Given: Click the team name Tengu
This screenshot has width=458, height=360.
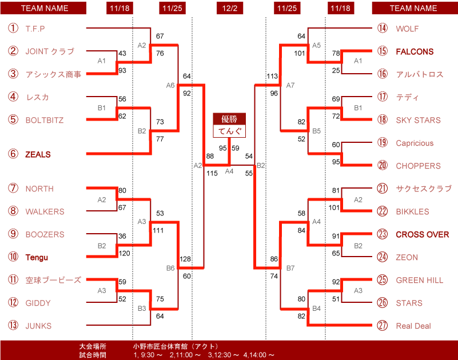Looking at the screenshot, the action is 37,257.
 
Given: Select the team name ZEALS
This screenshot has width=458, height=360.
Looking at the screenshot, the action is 38,154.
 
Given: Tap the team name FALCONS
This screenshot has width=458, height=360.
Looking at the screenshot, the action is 415,51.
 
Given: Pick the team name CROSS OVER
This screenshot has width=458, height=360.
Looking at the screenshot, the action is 422,234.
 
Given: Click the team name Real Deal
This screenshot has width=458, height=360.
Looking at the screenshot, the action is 413,326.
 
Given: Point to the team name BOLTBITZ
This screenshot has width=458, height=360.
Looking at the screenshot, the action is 45,120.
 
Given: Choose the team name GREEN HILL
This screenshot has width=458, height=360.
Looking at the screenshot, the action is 420,280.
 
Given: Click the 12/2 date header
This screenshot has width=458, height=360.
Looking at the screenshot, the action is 230,8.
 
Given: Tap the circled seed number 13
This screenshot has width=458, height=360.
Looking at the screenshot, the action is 13,325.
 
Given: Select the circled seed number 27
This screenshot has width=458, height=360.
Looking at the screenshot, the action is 382,325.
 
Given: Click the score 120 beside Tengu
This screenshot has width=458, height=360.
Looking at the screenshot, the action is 125,253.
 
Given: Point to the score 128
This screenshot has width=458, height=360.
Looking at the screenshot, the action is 185,259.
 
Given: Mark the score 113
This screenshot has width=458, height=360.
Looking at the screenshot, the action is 272,76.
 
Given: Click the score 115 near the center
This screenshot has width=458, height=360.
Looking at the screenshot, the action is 212,173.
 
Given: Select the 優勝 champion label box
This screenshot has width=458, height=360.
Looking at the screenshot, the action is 229,119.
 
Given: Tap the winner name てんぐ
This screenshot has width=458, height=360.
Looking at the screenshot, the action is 230,131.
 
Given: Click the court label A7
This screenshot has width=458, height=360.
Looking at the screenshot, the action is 290,85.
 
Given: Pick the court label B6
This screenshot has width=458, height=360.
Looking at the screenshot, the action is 170,268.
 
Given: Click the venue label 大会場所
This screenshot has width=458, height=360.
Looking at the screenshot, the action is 93,346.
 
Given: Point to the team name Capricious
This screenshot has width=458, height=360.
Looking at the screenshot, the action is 415,143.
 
